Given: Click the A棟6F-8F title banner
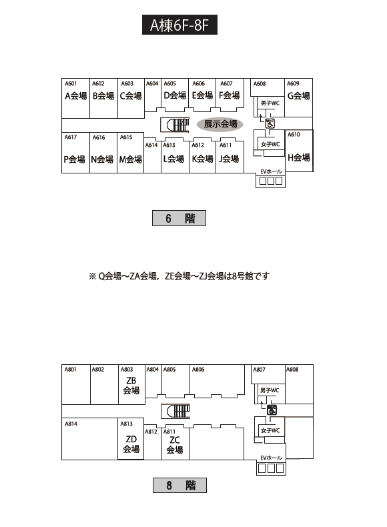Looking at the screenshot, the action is (179, 25).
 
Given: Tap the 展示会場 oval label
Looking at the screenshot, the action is (220, 124).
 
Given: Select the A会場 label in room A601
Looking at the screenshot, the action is (75, 96).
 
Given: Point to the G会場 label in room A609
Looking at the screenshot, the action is (298, 96).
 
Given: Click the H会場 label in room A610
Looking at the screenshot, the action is (298, 157).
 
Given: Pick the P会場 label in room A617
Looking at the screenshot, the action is (74, 159).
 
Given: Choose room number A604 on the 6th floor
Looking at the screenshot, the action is (152, 83).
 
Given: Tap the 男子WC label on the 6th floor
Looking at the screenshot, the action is (270, 103).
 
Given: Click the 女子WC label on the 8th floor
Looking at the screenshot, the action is (270, 430).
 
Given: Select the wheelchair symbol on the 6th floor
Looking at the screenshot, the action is (270, 123).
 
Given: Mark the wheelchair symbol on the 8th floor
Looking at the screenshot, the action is (272, 410).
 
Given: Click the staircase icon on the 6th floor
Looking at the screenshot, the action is (175, 125).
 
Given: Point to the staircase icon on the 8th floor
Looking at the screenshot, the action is (175, 412).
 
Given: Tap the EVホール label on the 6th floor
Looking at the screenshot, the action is (272, 171).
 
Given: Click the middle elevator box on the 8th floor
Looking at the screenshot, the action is (271, 468).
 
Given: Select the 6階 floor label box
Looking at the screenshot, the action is (179, 218).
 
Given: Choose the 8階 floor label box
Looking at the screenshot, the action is (180, 486).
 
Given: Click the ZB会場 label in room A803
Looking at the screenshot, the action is (131, 386).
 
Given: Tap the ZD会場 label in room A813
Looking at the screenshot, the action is (131, 444).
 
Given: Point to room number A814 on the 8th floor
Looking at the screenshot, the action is (71, 424).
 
